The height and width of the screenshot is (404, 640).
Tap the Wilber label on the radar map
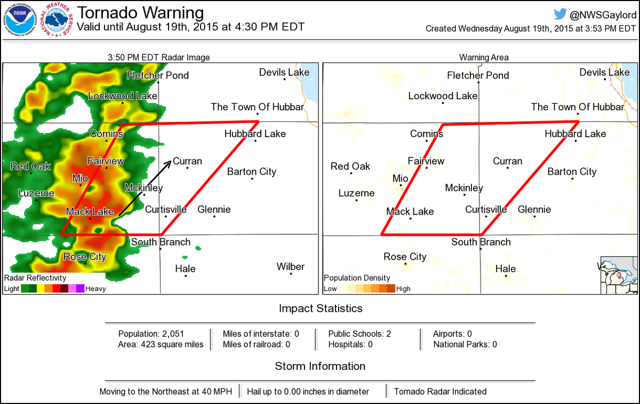(x=291, y=266)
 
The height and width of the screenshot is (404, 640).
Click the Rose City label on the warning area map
(x=405, y=257)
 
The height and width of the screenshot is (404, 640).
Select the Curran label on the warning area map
(x=507, y=161)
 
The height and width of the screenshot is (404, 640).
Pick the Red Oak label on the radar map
(x=31, y=167)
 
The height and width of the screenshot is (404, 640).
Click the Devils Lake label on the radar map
(x=284, y=73)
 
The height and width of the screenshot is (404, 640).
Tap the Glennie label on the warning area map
(x=534, y=209)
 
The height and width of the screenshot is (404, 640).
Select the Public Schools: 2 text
(x=359, y=334)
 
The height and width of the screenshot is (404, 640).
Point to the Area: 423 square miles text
(x=161, y=344)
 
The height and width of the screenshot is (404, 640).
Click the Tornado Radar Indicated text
(x=440, y=391)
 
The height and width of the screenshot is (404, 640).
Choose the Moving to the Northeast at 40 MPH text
(x=166, y=391)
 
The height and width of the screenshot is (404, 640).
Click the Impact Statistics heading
(x=321, y=308)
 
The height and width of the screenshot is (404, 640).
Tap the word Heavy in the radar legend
(x=95, y=289)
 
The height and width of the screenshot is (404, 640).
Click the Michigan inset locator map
(x=619, y=275)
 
